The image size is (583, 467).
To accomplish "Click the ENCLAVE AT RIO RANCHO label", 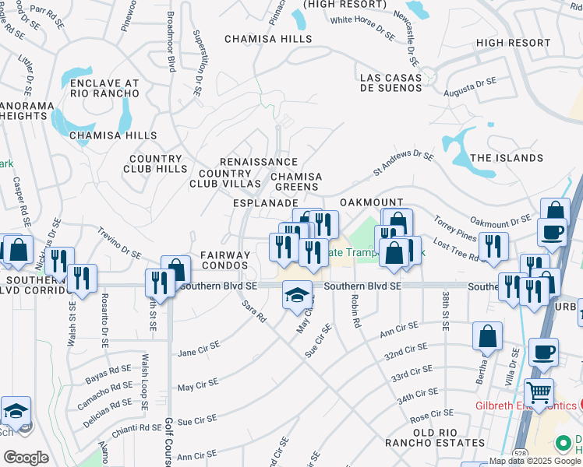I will tap(104, 88).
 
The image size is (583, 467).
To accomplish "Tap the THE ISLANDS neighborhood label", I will tap(507, 158).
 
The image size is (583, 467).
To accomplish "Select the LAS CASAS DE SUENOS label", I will tap(391, 83).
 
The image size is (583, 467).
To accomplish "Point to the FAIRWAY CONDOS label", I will tap(225, 260).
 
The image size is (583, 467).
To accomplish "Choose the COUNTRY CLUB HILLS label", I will tap(156, 163).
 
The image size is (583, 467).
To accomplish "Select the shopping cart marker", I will tap(539, 393).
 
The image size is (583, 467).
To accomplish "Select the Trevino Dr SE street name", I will tap(119, 243).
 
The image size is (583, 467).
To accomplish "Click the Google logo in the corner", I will tap(25, 458).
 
